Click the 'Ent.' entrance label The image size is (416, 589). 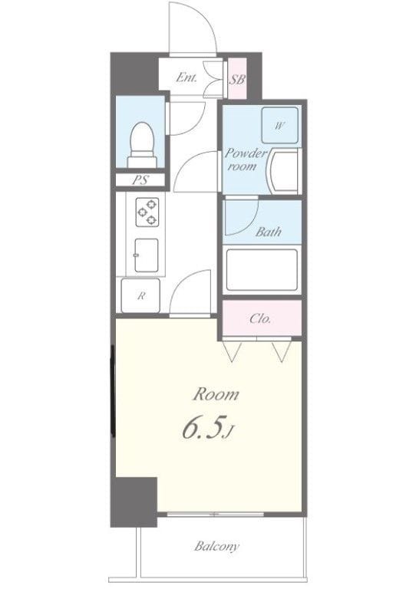(187, 77)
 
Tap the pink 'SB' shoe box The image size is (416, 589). (237, 78)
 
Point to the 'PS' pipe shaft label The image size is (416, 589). (139, 181)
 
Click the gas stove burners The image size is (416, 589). (147, 211)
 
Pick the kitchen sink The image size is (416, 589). (146, 254)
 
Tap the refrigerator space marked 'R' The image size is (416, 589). (140, 296)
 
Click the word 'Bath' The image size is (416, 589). (268, 232)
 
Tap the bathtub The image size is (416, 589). (262, 270)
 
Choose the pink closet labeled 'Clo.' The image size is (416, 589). (261, 318)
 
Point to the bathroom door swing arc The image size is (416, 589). (238, 219)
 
